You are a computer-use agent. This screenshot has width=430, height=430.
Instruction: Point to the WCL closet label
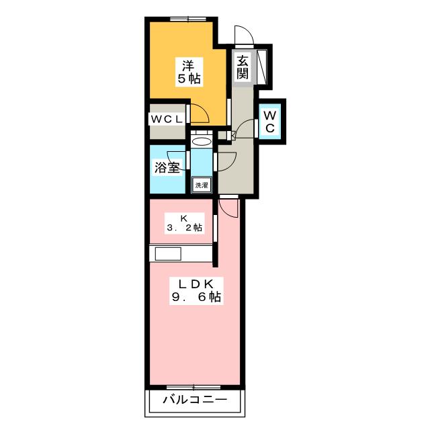point(167,119)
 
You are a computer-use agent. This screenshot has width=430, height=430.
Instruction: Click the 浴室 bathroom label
point(166,167)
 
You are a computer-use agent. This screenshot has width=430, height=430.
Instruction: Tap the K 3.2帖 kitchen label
point(184,222)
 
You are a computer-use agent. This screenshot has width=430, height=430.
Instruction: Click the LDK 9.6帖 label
point(195,288)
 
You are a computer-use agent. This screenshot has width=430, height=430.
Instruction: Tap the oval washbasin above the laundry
point(200,142)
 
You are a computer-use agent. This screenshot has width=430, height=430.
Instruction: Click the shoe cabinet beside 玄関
point(263,67)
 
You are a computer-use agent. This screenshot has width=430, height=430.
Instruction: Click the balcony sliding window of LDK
point(194,388)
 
